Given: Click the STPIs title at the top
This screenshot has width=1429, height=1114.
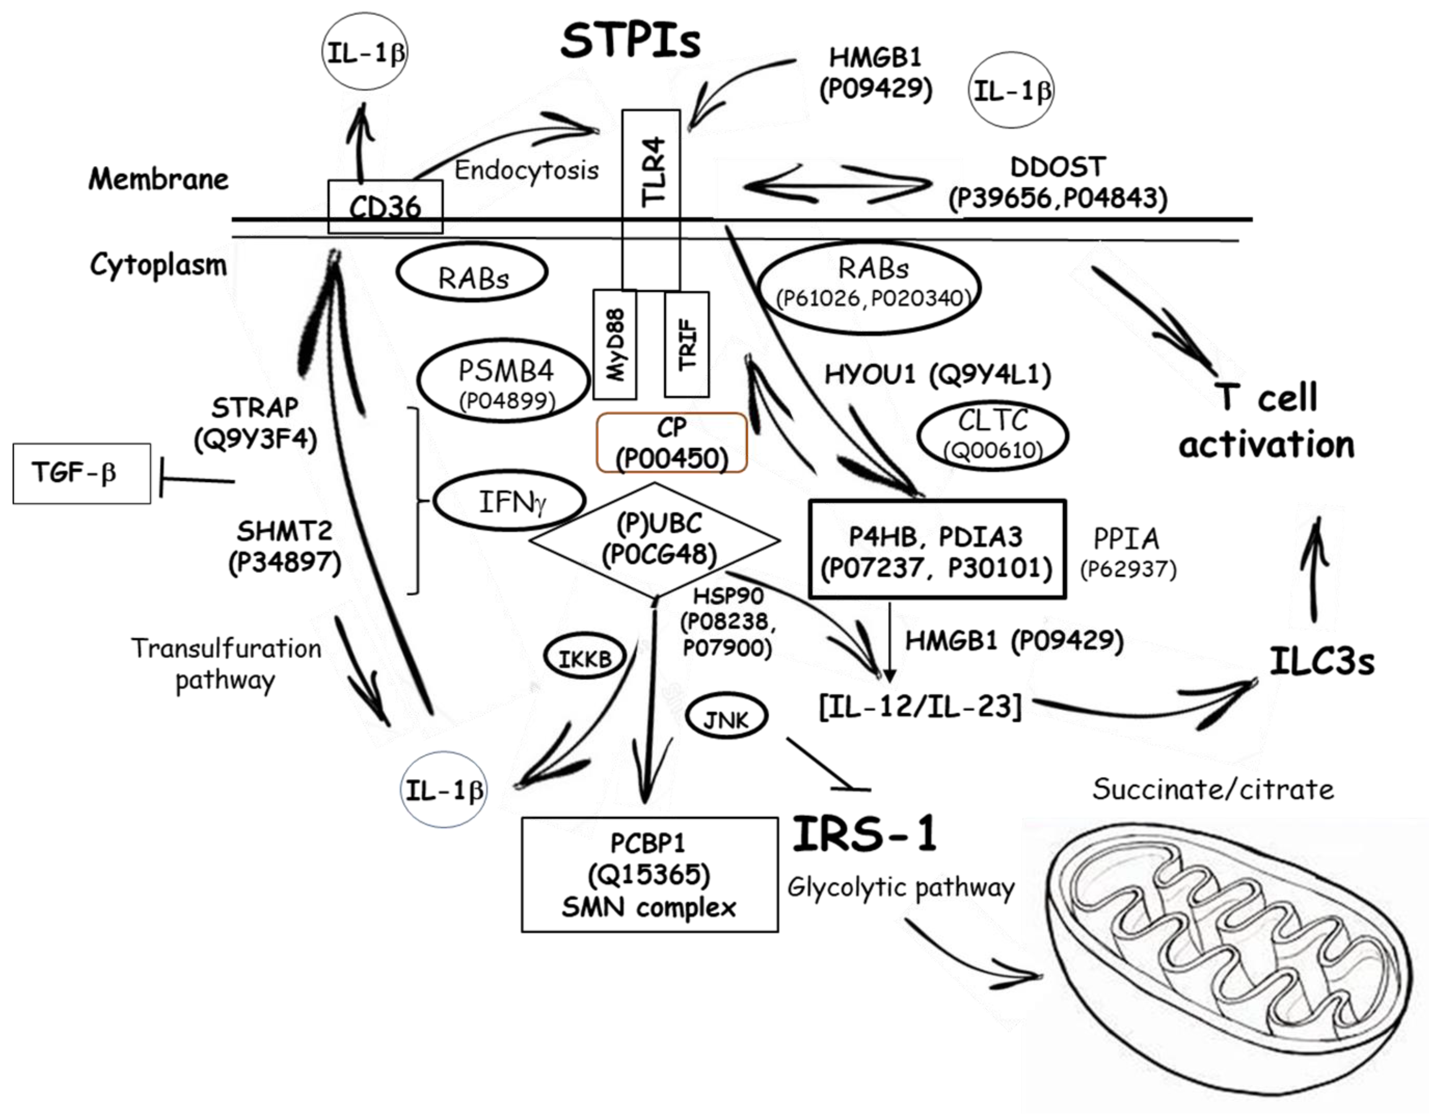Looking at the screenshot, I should pos(630,41).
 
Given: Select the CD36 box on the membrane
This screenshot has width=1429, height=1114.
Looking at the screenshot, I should pos(385,207).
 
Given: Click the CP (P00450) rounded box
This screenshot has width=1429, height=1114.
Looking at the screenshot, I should pos(671,442).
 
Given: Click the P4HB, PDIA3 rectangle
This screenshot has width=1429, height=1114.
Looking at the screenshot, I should pos(937,550).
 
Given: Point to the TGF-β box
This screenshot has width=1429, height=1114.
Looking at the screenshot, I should pos(82,473).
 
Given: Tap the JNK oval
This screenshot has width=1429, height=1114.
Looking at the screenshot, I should pos(726,719).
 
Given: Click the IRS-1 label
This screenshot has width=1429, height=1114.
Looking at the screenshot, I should pos(865,834).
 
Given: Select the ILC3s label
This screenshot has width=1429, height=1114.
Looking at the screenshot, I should pos(1321,661).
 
